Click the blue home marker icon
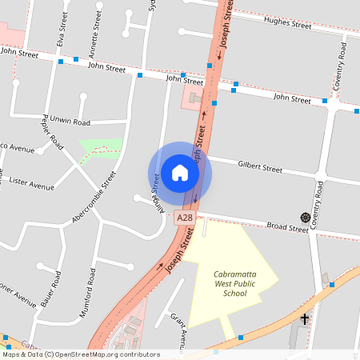click(180, 172)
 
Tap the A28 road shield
click(185, 217)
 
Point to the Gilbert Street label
click(260, 168)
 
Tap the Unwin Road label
click(70, 120)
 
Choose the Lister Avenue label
click(31, 182)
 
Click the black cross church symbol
click(304, 319)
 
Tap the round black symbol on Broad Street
click(305, 218)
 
